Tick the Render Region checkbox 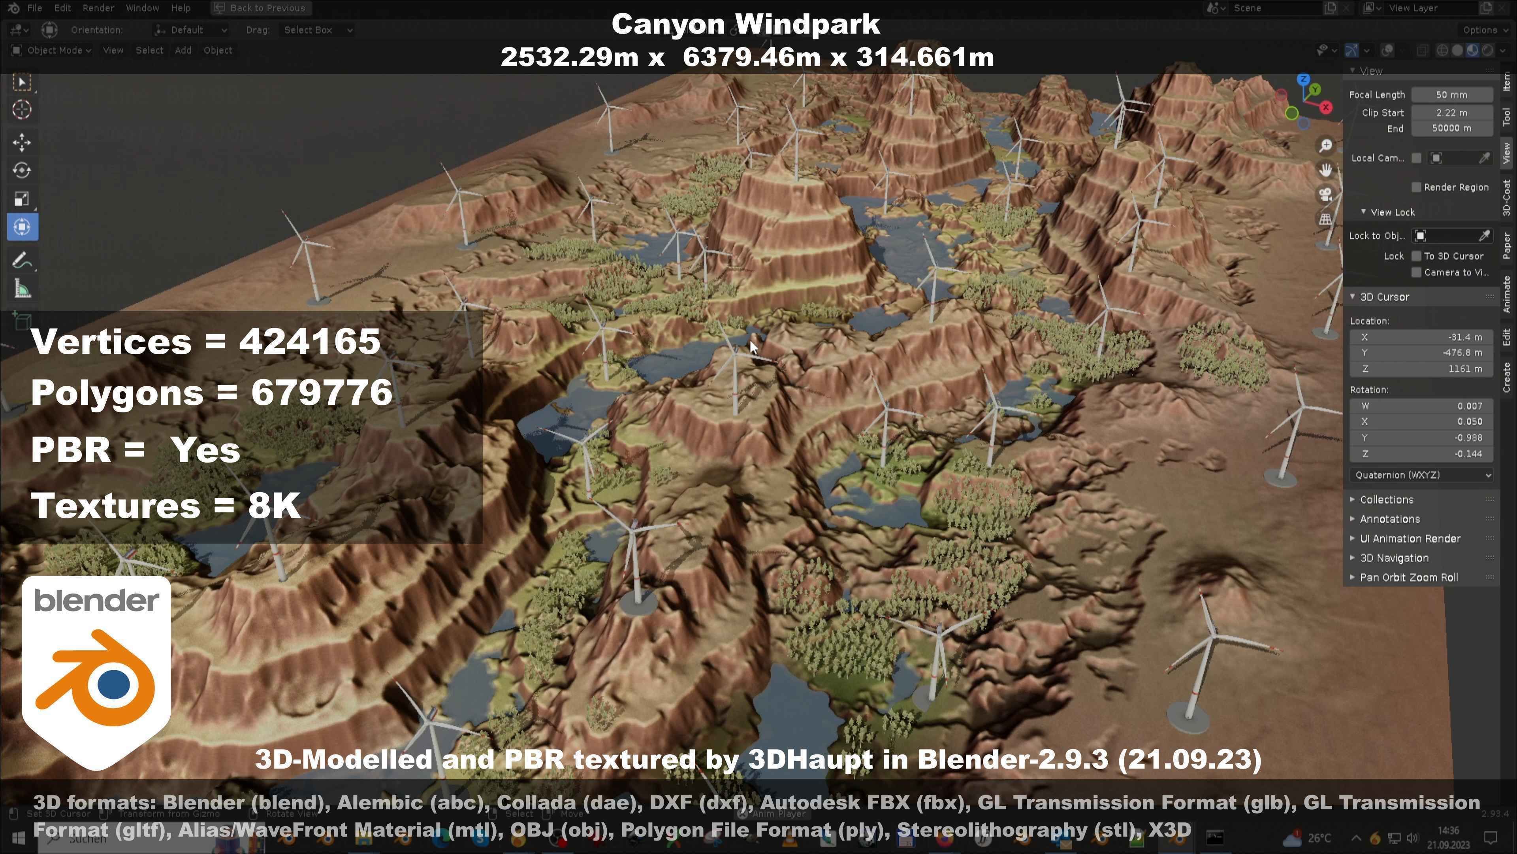pyautogui.click(x=1416, y=187)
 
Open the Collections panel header pyautogui.click(x=1386, y=500)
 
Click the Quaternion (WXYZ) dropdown pyautogui.click(x=1421, y=475)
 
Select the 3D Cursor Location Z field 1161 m pyautogui.click(x=1421, y=369)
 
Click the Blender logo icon pyautogui.click(x=96, y=672)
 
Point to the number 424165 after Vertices pyautogui.click(x=309, y=341)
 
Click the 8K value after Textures pyautogui.click(x=275, y=506)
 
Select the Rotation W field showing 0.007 pyautogui.click(x=1421, y=406)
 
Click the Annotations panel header pyautogui.click(x=1389, y=519)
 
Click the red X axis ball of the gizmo pyautogui.click(x=1326, y=107)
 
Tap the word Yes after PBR pyautogui.click(x=205, y=450)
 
